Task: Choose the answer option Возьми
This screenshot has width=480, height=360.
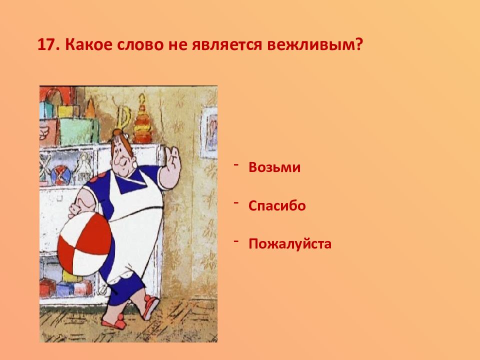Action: point(274,167)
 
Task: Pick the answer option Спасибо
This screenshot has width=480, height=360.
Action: point(277,205)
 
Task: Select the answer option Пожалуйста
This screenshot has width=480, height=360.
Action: point(290,244)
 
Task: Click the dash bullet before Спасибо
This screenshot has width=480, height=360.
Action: point(236,202)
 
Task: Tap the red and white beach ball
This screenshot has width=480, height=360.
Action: point(84,243)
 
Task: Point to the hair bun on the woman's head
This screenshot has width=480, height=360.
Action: point(118,133)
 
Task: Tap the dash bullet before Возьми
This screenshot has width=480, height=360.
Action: point(236,164)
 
